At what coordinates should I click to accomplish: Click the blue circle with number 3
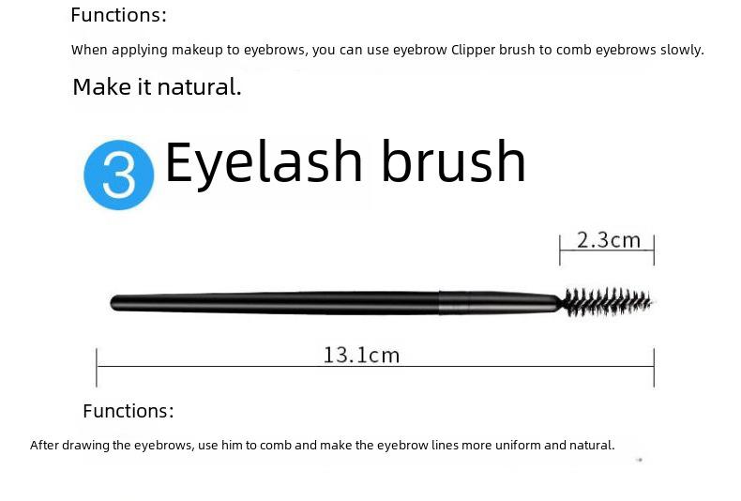[118, 175]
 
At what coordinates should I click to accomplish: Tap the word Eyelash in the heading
[264, 163]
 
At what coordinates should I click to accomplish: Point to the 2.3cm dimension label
[609, 240]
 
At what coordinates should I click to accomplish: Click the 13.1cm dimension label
[361, 356]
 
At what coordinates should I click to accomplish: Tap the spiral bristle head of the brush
[607, 302]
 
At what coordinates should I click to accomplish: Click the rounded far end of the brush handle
[114, 302]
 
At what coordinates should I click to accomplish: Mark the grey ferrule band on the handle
[454, 303]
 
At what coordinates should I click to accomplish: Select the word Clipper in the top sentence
[473, 50]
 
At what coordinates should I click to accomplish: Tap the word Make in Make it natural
[102, 87]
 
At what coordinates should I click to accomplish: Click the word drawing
[85, 446]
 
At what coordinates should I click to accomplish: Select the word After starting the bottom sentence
[44, 446]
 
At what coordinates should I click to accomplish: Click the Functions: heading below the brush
[129, 411]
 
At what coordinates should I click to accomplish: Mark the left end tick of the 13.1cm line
[97, 368]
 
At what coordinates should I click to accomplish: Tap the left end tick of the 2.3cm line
[560, 250]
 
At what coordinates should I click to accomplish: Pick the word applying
[140, 51]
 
